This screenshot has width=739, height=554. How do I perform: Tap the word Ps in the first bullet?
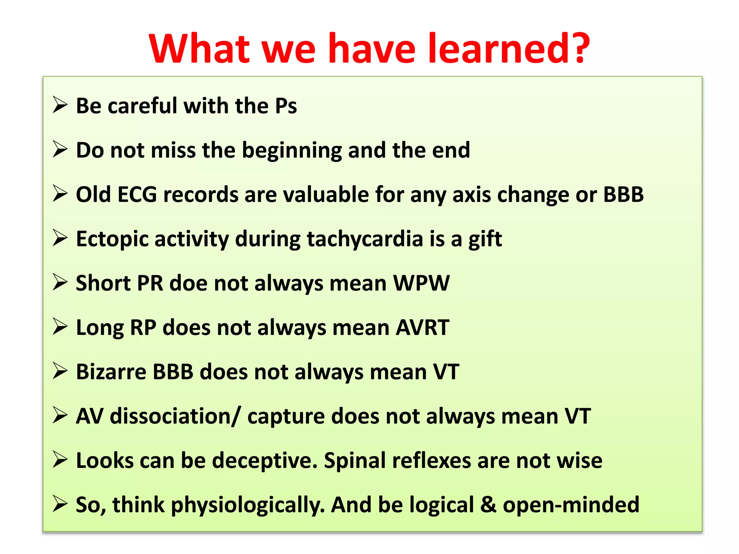286,106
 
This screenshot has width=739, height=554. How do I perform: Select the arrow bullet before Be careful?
60,105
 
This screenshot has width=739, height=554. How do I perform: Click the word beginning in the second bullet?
292,151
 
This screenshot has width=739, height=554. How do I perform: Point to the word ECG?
137,195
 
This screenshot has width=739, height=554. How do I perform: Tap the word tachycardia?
365,239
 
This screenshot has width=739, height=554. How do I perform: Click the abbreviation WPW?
421,283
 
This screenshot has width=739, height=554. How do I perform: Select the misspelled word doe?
188,283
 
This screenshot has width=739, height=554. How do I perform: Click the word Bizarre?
111,372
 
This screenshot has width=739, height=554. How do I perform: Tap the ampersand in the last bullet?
488,505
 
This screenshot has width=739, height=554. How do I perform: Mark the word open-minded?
571,505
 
